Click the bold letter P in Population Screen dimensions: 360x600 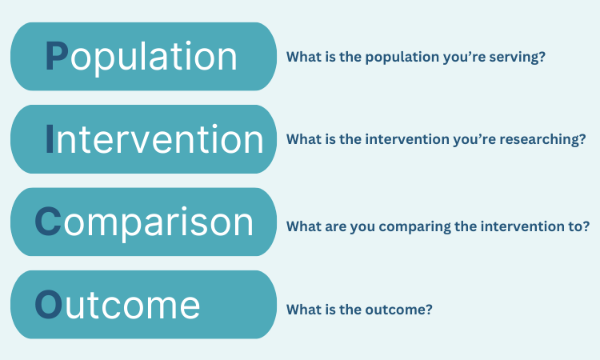pos(57,57)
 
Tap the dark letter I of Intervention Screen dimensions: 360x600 pos(50,139)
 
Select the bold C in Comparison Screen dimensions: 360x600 pos(48,222)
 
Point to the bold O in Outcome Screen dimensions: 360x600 pos(48,304)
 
